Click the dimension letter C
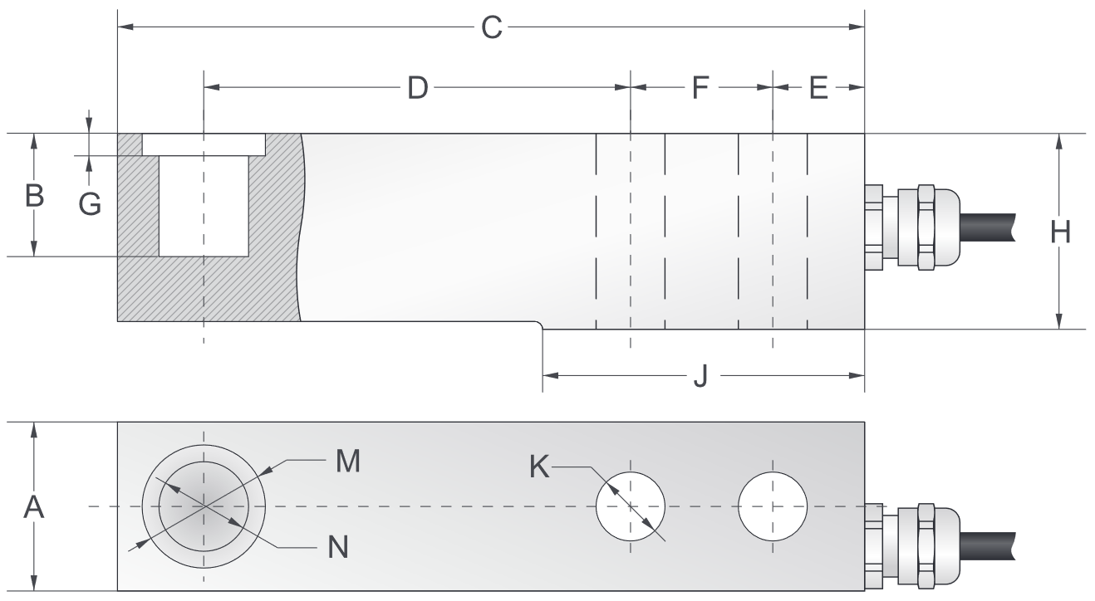pyautogui.click(x=492, y=27)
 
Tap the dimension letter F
pyautogui.click(x=702, y=87)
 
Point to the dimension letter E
pyautogui.click(x=819, y=87)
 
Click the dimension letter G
pyautogui.click(x=90, y=203)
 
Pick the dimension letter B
pyautogui.click(x=34, y=196)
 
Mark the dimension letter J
pyautogui.click(x=700, y=377)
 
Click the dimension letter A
pyautogui.click(x=33, y=507)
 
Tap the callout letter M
pyautogui.click(x=347, y=462)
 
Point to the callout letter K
pyautogui.click(x=540, y=467)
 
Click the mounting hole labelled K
pyautogui.click(x=631, y=506)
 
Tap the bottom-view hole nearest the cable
pyautogui.click(x=773, y=506)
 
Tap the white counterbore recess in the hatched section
pyautogui.click(x=204, y=144)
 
